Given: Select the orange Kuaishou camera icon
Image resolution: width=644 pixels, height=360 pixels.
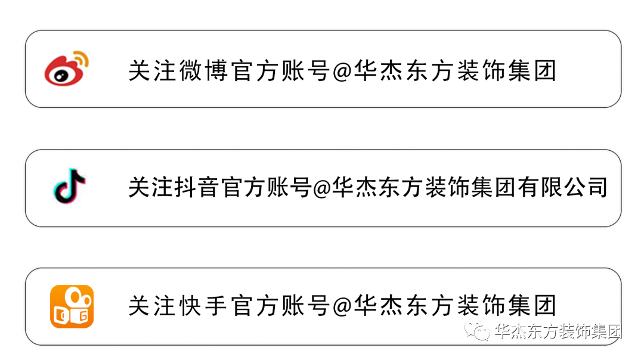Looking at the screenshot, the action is pos(72,306).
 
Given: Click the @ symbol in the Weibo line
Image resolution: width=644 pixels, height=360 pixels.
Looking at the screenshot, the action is pos(342,71).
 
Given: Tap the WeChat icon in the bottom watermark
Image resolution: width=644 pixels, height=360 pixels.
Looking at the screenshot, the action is pos(480,332).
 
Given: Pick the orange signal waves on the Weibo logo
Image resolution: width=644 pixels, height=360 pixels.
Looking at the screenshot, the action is pos(82,59).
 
